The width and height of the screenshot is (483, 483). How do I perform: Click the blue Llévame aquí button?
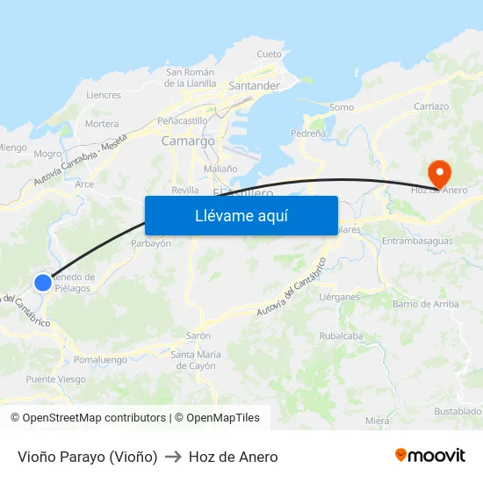pos(241,215)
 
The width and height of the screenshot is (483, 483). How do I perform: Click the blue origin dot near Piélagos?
pos(43,282)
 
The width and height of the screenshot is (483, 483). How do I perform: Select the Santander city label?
pos(254,86)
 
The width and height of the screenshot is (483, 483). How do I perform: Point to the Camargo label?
pos(188,141)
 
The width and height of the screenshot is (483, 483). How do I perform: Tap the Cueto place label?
pos(269,54)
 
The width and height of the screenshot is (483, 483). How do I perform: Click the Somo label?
pos(342,107)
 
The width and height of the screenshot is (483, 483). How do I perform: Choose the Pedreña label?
pos(307,133)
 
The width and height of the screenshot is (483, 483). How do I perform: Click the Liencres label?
pos(104,95)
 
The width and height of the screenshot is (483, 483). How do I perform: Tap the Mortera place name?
pos(102,124)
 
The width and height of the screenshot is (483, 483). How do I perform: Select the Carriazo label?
pos(430,106)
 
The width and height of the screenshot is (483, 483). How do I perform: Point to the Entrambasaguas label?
pos(418,241)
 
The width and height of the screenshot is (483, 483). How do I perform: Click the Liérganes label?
pos(340,297)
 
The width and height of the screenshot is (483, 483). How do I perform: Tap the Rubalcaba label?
pos(342,335)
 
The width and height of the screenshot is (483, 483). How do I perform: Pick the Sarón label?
pos(198,335)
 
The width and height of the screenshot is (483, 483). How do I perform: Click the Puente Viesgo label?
pos(56,379)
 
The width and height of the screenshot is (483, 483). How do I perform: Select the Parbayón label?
pos(150,243)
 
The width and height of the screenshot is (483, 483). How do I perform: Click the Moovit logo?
pos(430,456)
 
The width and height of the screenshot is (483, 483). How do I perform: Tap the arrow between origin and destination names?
pos(173,457)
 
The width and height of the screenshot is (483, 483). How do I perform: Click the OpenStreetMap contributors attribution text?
pos(88,418)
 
